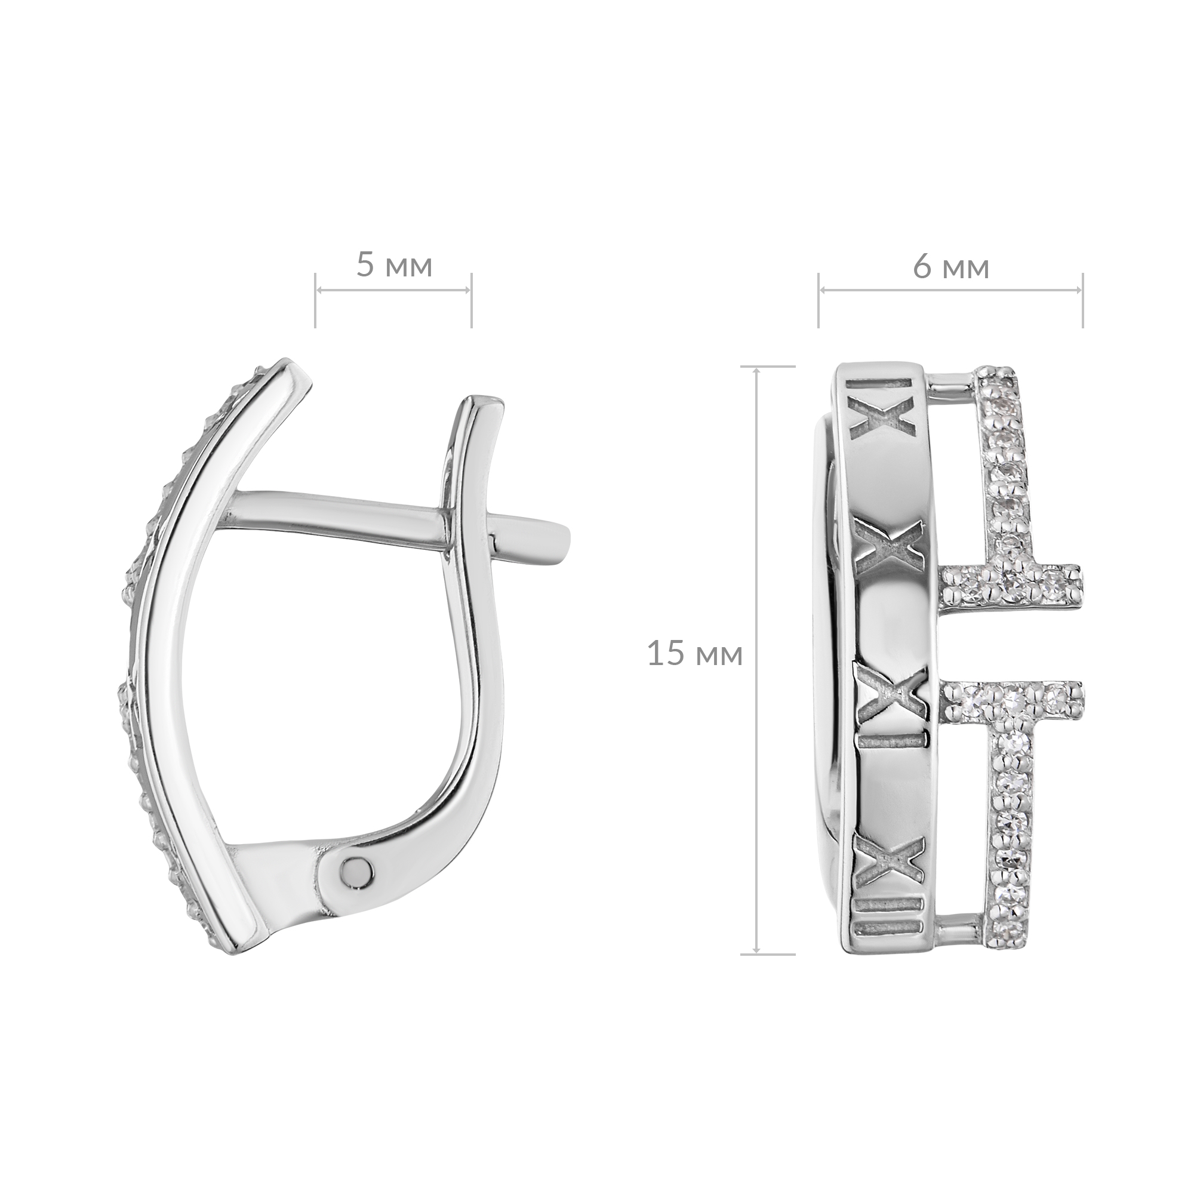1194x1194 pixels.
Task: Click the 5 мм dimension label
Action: [x=393, y=265]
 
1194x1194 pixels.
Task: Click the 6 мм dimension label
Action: [x=951, y=267]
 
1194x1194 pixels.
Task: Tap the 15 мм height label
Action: [x=695, y=654]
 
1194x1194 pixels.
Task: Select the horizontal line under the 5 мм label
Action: [x=393, y=291]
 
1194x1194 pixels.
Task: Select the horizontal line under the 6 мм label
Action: [x=951, y=291]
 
